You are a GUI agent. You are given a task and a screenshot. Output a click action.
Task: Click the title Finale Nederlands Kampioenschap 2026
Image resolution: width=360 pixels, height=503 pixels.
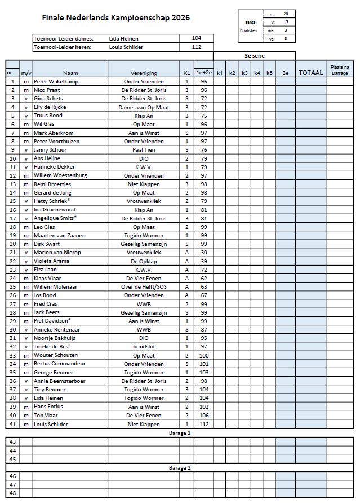(115, 18)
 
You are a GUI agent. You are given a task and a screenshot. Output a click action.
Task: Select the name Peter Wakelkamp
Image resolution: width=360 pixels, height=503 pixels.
(53, 81)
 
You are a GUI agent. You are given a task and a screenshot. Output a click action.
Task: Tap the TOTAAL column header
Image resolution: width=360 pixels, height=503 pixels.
(310, 73)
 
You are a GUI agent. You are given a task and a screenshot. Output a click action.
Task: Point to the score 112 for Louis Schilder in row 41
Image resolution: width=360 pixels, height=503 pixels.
(203, 424)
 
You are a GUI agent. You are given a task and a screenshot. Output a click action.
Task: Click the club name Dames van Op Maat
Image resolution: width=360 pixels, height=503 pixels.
(143, 107)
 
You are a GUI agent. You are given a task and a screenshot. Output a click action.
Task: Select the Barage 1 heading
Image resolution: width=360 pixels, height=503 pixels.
(180, 433)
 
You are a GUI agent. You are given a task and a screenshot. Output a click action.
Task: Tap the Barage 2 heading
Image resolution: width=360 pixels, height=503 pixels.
(180, 467)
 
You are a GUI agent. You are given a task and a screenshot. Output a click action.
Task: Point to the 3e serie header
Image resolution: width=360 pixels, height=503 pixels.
(254, 56)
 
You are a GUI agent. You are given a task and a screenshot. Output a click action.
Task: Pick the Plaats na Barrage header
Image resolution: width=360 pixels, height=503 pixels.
(339, 69)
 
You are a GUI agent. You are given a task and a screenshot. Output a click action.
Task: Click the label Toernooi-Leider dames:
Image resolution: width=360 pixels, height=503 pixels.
(64, 38)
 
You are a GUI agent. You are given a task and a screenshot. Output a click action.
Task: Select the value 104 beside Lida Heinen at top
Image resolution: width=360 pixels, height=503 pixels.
(196, 38)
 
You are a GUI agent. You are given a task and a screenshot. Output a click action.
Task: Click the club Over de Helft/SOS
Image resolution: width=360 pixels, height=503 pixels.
(143, 286)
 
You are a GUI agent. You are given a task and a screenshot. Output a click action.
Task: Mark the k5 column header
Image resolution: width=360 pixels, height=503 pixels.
(269, 73)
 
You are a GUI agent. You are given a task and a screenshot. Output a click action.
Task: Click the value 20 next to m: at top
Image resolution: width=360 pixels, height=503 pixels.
(286, 13)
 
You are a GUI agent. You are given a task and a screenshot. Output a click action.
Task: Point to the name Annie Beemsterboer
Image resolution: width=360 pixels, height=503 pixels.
(60, 381)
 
